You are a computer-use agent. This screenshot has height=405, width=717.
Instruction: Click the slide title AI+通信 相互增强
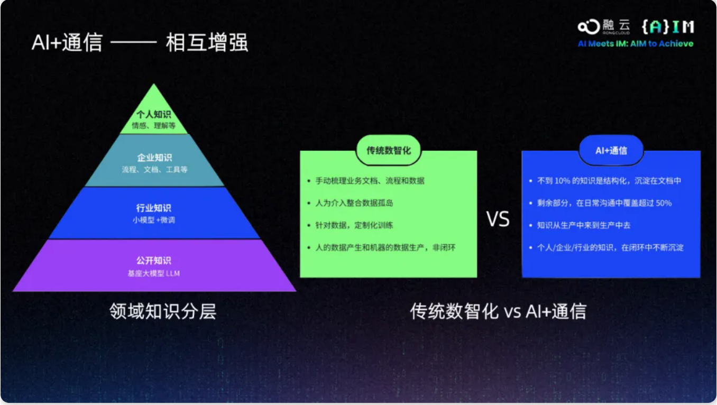140,42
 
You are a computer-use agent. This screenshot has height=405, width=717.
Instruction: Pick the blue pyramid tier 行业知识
154,213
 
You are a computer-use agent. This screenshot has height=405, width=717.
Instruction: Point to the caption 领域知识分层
163,311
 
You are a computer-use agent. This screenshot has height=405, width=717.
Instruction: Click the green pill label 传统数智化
389,150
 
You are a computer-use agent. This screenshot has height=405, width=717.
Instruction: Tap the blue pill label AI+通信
611,151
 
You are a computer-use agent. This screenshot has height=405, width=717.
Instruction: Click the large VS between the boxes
498,219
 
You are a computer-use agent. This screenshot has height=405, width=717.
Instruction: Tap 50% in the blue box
664,203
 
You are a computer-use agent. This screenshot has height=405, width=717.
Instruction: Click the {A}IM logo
668,26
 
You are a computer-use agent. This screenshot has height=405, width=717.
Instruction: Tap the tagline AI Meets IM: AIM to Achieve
636,43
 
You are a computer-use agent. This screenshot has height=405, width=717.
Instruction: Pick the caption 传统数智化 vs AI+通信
499,311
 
